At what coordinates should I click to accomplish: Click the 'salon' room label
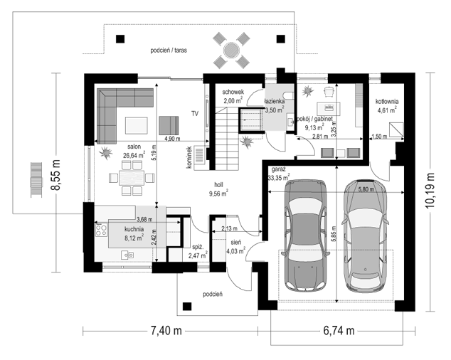click(134, 147)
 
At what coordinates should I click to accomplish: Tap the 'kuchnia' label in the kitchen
click(134, 229)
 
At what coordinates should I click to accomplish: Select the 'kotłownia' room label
click(387, 101)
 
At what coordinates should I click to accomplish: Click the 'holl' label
click(218, 185)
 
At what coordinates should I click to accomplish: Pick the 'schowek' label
click(233, 92)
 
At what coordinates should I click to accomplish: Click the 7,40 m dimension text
click(166, 331)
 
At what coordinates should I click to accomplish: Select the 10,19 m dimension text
click(430, 191)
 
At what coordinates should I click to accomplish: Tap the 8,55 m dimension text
click(55, 175)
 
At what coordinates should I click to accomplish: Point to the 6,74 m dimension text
click(339, 331)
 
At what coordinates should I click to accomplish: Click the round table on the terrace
click(231, 51)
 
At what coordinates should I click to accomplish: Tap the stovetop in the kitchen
click(101, 230)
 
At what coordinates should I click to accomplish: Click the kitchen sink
click(127, 255)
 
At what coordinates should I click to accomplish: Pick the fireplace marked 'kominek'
click(200, 158)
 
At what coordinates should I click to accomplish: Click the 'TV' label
click(195, 114)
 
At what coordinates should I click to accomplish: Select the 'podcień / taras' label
click(169, 51)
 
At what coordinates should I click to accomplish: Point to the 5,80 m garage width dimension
click(366, 189)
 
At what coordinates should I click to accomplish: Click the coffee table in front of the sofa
click(137, 125)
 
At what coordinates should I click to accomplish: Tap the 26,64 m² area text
click(134, 155)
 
